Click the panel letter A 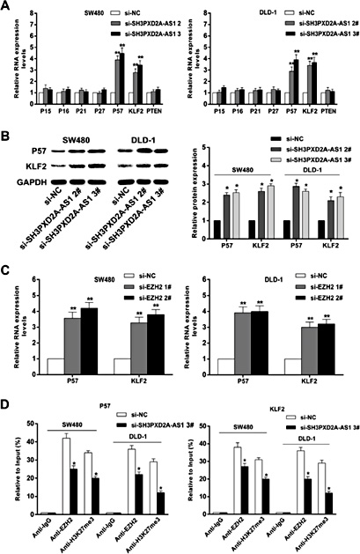(7, 7)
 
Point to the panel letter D (7, 403)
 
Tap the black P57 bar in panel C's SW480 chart (90, 339)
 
